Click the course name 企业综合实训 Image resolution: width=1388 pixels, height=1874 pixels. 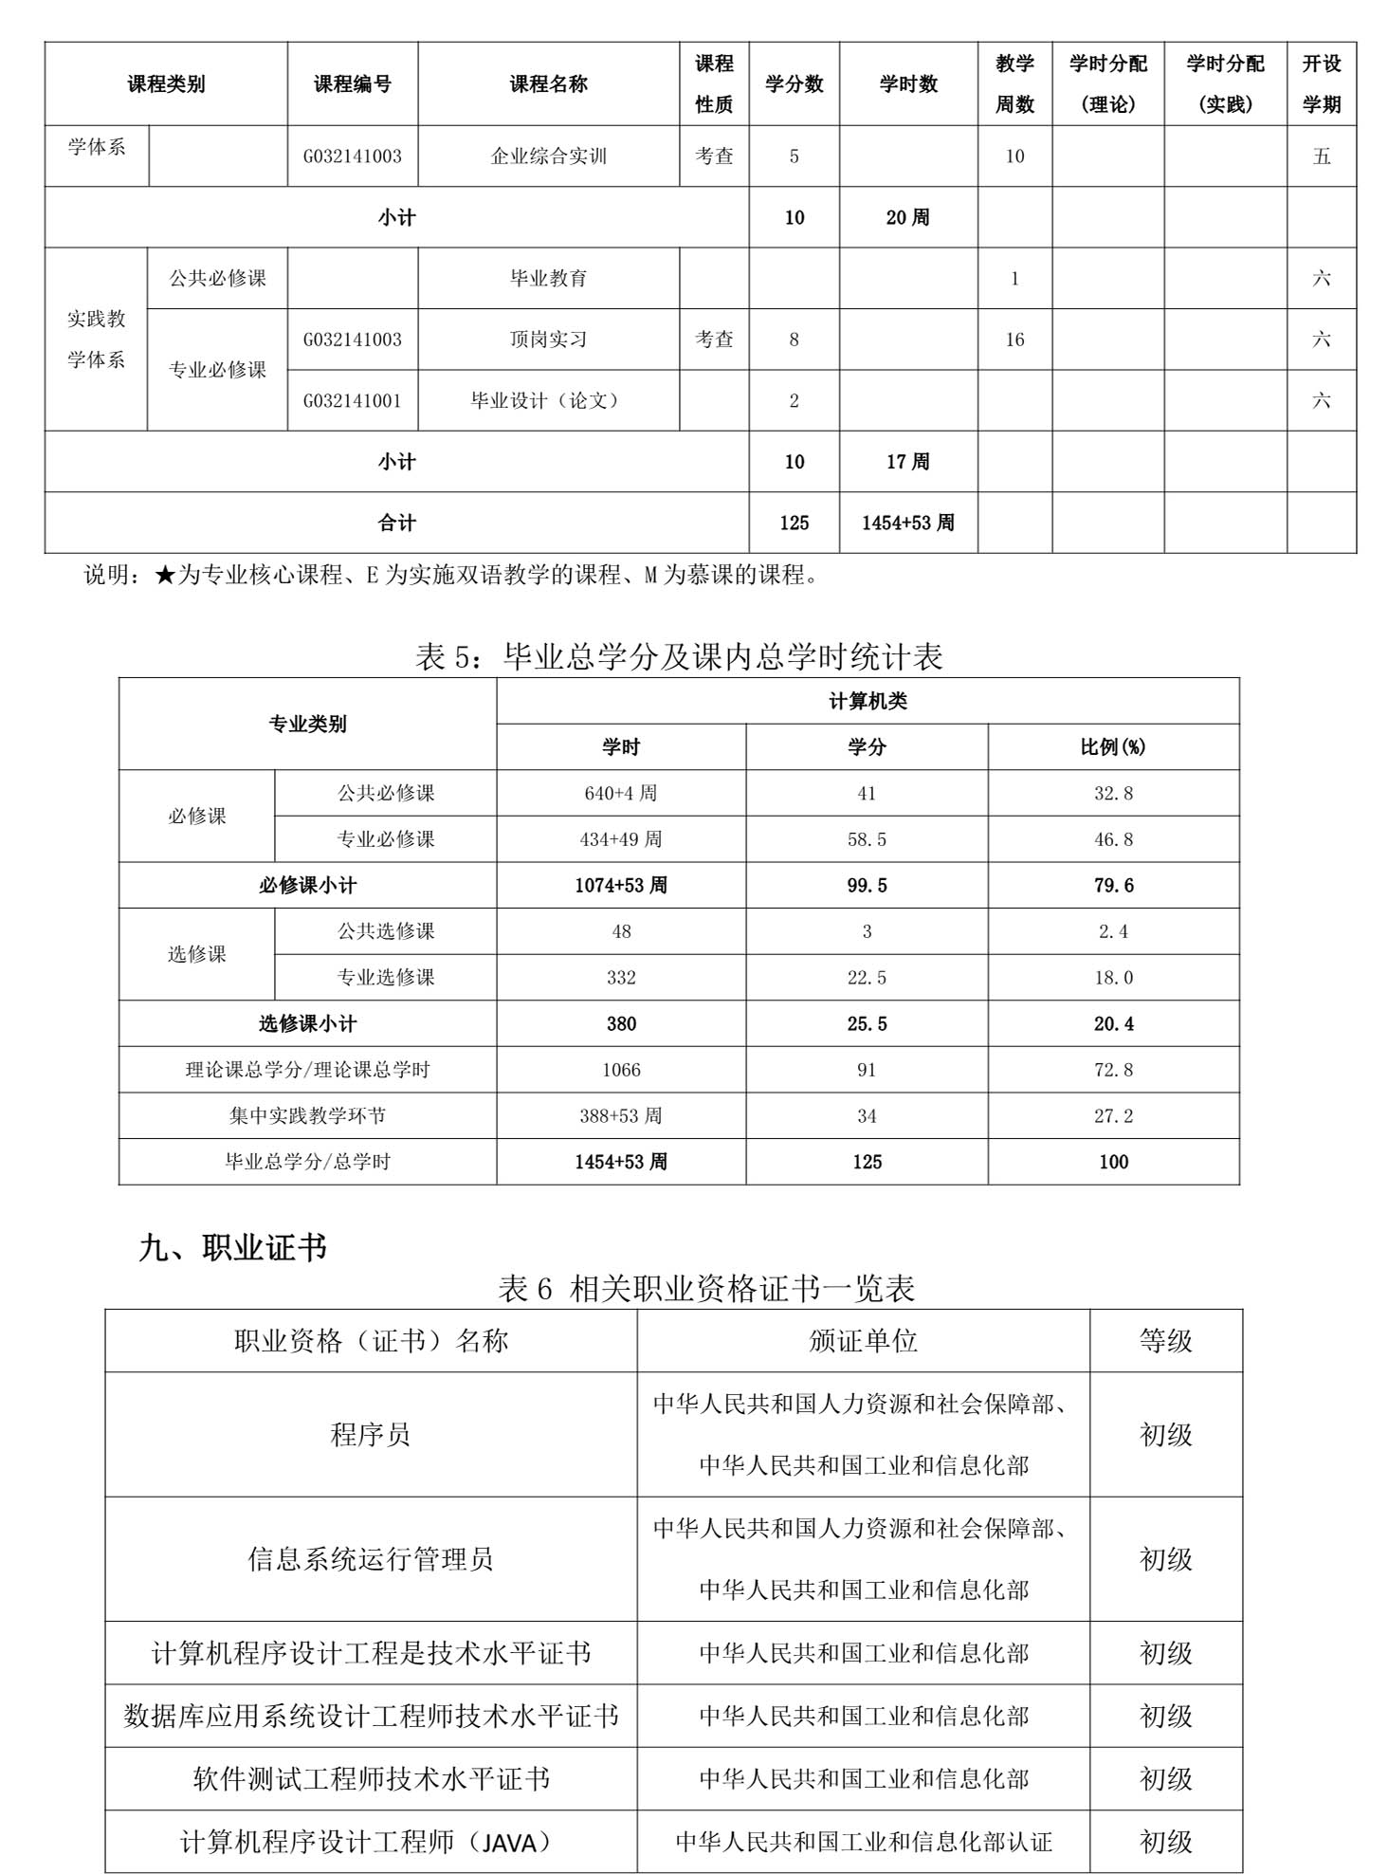click(548, 156)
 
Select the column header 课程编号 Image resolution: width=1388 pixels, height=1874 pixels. click(353, 84)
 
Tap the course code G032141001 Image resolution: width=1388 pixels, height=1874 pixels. click(353, 401)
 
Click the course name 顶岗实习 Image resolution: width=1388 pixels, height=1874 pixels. click(548, 340)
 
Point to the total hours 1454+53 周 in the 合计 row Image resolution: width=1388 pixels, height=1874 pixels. click(907, 523)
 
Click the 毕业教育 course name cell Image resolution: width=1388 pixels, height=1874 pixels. click(548, 279)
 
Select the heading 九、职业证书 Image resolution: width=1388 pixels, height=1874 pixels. click(232, 1247)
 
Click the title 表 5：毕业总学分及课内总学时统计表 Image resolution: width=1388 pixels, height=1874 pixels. click(679, 656)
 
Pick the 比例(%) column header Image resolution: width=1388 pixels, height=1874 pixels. click(1112, 747)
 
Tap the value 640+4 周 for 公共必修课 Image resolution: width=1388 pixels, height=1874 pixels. click(621, 793)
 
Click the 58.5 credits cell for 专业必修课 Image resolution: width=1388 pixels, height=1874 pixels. click(867, 839)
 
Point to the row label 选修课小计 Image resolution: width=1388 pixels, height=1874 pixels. click(307, 1024)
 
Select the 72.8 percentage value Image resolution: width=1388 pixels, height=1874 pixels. click(1112, 1070)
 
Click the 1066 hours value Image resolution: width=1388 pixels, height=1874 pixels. click(621, 1070)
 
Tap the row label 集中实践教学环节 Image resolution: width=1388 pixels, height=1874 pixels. click(307, 1116)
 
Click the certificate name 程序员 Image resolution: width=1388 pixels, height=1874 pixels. click(370, 1435)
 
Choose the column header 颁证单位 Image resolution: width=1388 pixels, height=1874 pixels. click(863, 1341)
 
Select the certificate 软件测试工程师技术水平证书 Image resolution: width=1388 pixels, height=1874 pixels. click(370, 1779)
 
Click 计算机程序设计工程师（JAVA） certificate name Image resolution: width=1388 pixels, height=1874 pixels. click(370, 1843)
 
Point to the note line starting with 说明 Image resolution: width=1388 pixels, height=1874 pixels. click(451, 575)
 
